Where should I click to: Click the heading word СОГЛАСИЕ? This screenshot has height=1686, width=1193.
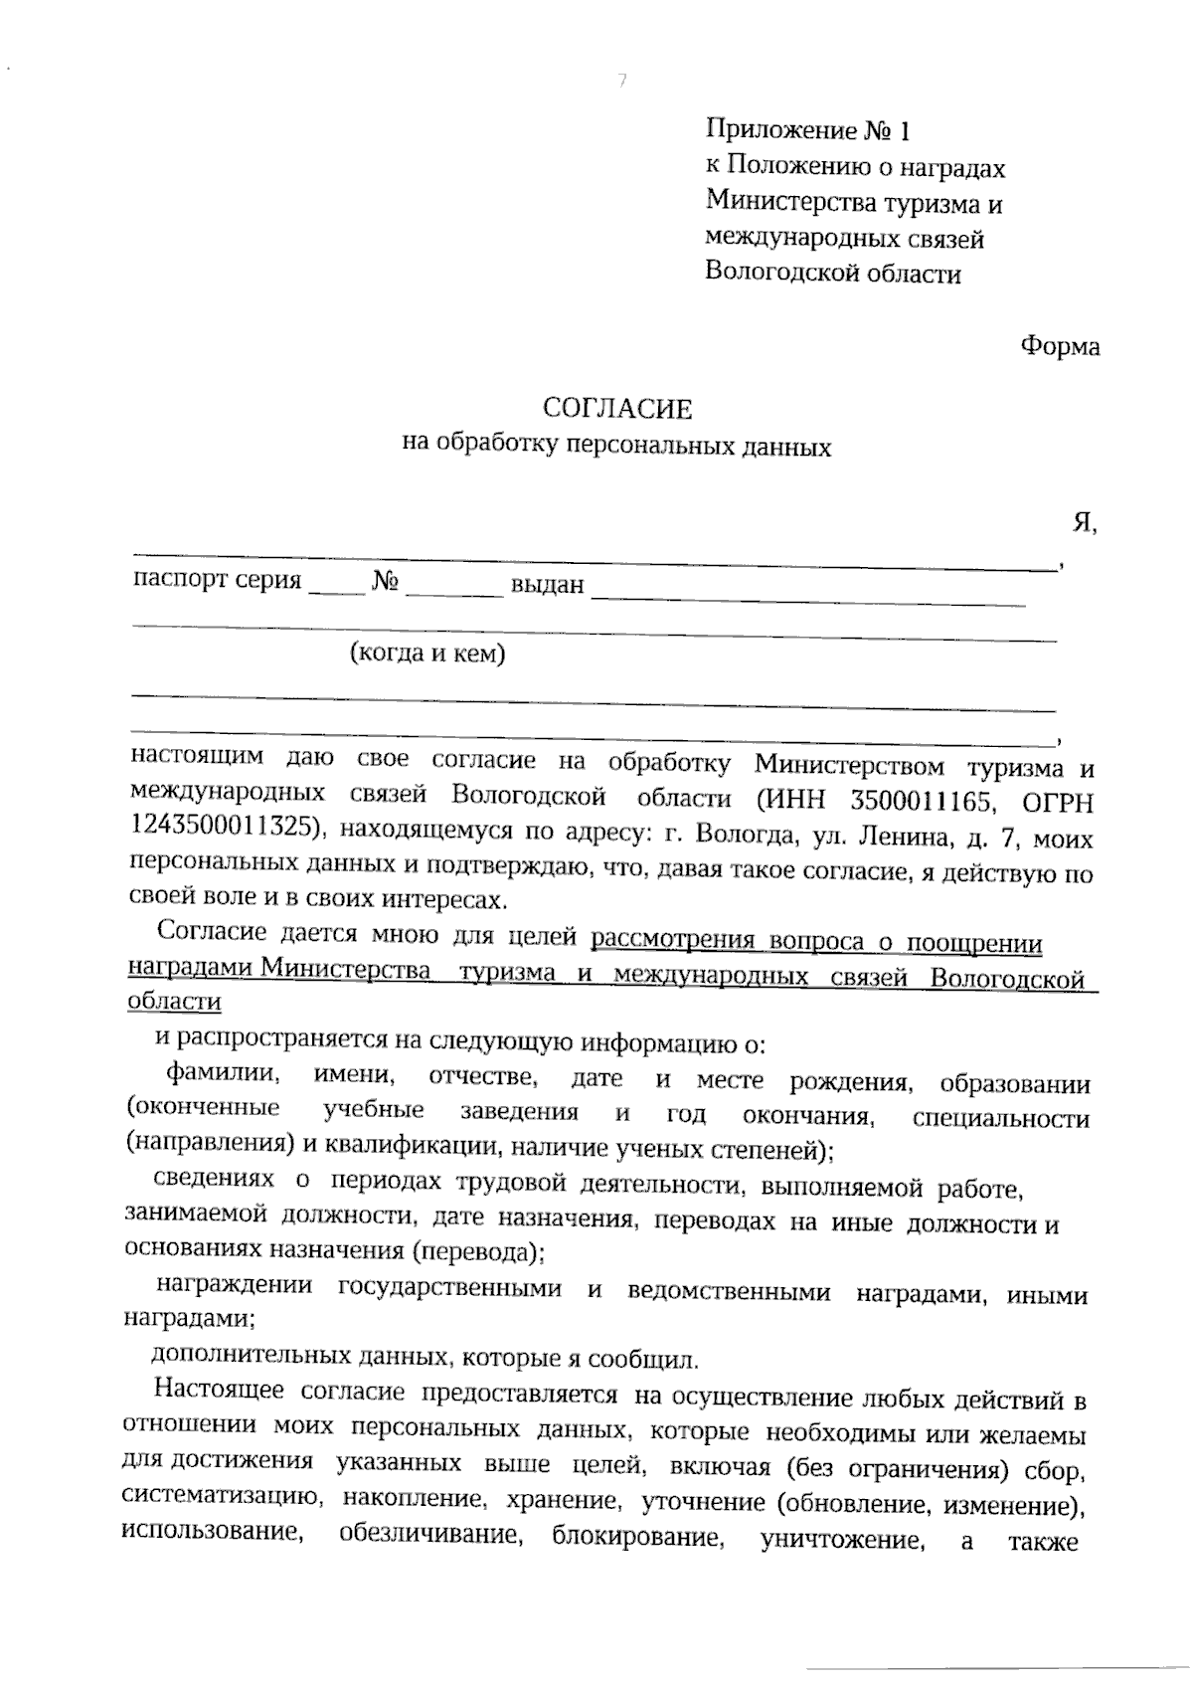point(616,409)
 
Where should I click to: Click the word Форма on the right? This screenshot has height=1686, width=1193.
point(1060,347)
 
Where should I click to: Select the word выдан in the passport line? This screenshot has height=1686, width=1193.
point(546,585)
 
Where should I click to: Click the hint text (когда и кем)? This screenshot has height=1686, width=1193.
point(426,654)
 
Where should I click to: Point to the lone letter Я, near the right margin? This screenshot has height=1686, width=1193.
point(1084,523)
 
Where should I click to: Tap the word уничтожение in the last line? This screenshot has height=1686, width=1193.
point(839,1542)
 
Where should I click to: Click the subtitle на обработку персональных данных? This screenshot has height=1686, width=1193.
point(616,445)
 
